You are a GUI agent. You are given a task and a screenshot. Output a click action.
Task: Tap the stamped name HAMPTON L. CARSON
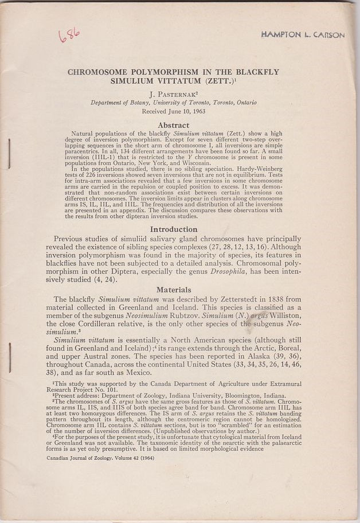(303, 35)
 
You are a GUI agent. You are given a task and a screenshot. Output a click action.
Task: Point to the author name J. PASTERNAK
(174, 93)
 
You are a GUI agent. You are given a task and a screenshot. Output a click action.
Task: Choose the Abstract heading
(173, 124)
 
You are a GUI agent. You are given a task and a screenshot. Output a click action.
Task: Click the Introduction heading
(173, 229)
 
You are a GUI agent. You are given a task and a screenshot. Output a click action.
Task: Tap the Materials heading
(174, 290)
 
